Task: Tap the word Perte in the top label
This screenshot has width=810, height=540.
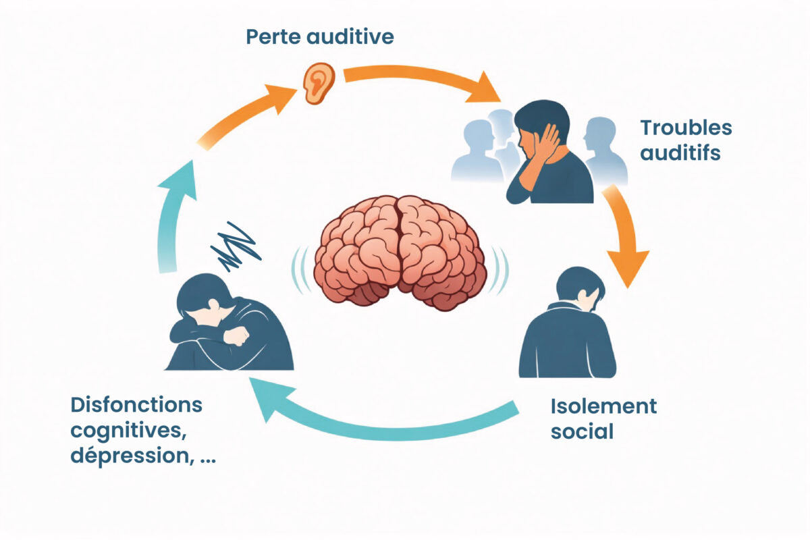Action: tap(272, 36)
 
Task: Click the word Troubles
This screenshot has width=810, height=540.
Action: tap(685, 128)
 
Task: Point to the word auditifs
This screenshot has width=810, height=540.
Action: tap(680, 153)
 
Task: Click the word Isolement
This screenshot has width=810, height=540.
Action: tap(603, 406)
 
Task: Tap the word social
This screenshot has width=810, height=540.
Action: tap(582, 431)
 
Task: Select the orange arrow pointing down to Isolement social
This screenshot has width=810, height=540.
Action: tap(625, 233)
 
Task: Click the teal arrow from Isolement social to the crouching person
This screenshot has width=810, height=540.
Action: tap(385, 419)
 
